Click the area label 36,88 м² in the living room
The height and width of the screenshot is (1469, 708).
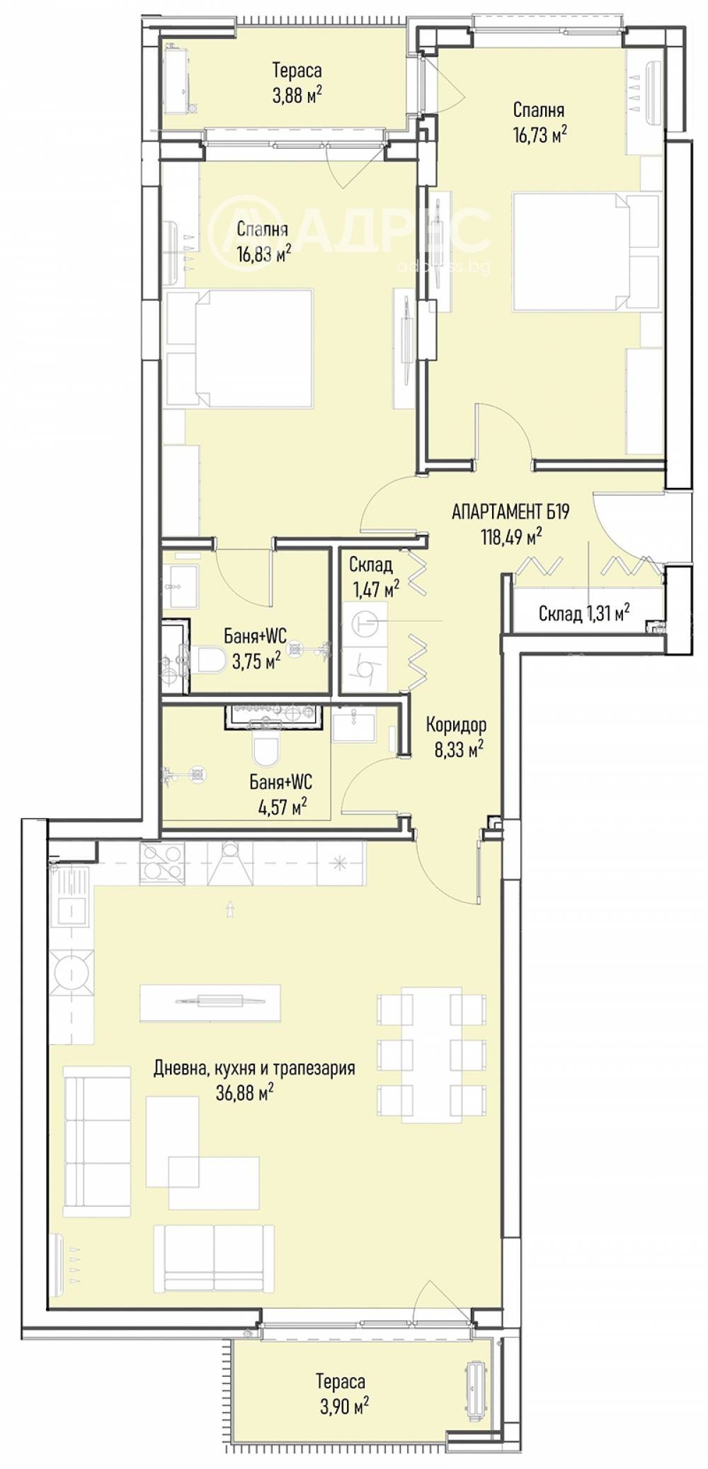click(244, 1093)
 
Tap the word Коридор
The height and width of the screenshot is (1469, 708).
click(456, 725)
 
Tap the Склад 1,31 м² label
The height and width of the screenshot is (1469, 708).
click(584, 613)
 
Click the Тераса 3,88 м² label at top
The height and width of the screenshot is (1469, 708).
click(297, 82)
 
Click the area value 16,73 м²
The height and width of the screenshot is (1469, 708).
click(540, 135)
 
